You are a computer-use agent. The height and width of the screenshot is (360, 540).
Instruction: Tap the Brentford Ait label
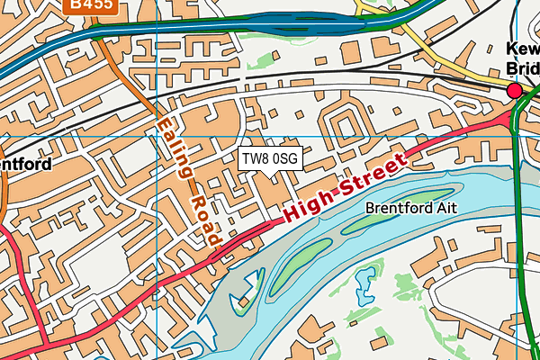point(411,207)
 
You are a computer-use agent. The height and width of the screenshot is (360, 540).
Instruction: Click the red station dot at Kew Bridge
point(515,91)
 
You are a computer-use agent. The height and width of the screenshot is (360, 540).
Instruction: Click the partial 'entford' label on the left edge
point(24,165)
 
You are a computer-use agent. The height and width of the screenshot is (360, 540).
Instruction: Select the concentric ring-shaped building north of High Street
point(341,127)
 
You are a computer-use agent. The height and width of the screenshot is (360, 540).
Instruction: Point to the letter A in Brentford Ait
point(439,207)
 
